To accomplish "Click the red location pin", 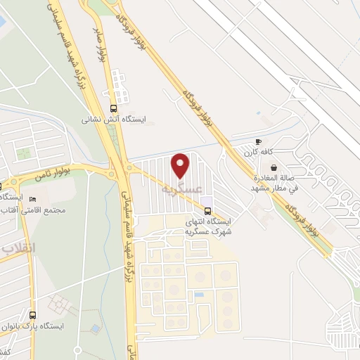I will [181, 166].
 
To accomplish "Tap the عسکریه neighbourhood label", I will [181, 188].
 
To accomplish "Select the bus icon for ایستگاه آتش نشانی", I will [114, 108].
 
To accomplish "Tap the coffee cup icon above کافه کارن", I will [259, 141].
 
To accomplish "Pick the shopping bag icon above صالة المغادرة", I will [274, 167].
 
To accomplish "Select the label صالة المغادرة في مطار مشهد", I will [275, 183].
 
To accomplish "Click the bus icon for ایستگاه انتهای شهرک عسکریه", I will [207, 210].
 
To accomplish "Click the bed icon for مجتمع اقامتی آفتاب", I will [32, 199].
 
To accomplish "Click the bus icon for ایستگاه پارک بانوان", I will [33, 314].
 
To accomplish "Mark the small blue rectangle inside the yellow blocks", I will [200, 294].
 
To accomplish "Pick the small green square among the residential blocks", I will [25, 152].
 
